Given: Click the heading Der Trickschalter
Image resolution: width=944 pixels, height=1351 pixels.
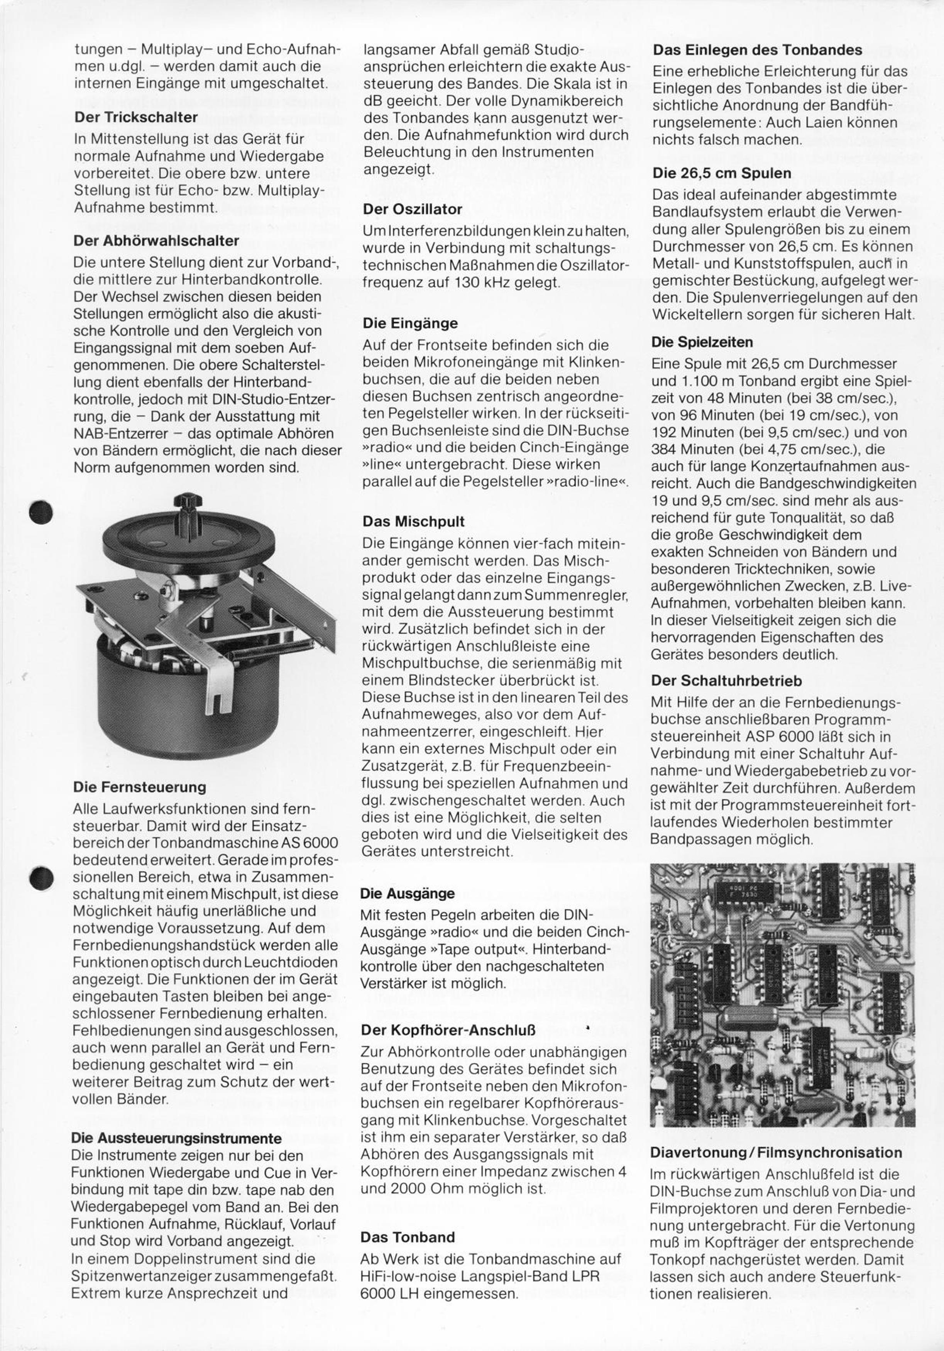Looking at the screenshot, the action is pos(135,117).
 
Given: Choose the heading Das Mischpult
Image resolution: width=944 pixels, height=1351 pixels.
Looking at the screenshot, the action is pos(413,521).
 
